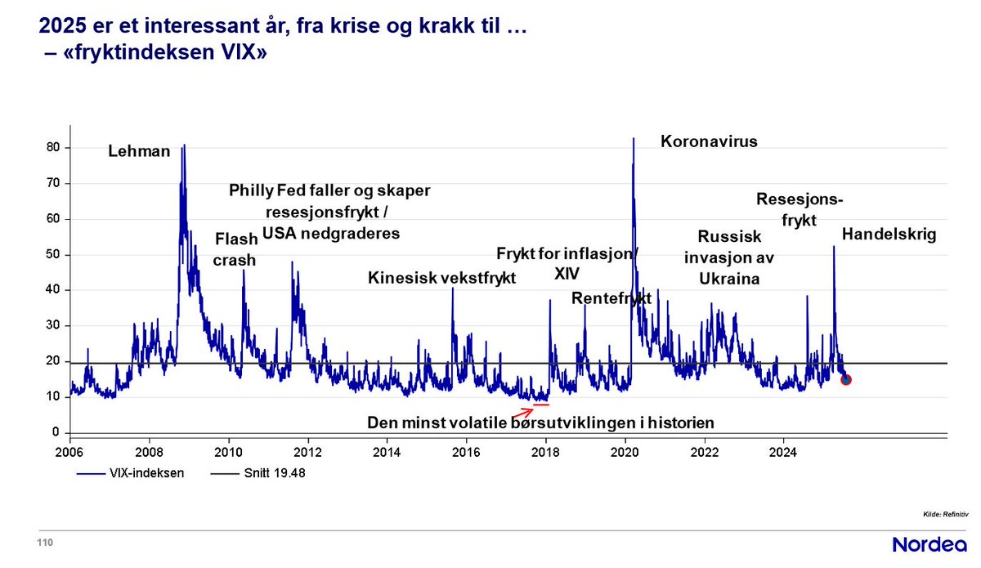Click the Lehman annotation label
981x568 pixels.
click(140, 151)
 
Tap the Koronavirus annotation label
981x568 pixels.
click(709, 141)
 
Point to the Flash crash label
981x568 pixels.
click(235, 250)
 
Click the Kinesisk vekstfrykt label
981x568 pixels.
click(442, 278)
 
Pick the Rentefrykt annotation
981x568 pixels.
click(611, 297)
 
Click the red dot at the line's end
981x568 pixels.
click(846, 379)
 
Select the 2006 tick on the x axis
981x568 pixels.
click(69, 451)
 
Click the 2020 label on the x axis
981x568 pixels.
click(625, 451)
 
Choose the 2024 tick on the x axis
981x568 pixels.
click(784, 451)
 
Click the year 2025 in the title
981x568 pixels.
click(60, 29)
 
